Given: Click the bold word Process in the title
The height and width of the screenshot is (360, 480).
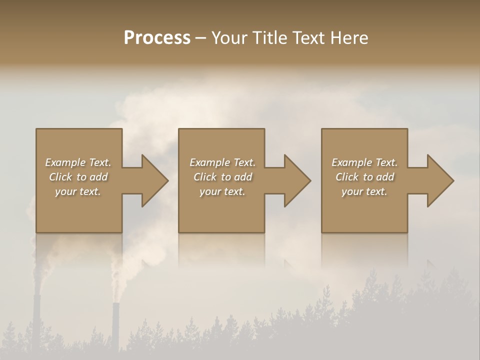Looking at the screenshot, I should coord(157,38).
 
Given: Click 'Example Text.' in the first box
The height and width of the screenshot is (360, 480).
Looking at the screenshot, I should coord(78,162).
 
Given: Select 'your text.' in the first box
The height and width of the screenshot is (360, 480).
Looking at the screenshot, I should coord(78,191).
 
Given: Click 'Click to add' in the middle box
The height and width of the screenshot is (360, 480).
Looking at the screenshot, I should coord(222,177).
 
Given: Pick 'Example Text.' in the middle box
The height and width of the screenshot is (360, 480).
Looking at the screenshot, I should coord(222,162).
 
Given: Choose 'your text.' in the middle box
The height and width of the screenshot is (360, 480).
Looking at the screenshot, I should coord(222,191).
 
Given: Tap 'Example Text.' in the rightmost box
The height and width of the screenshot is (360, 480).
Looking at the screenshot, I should coord(364,162).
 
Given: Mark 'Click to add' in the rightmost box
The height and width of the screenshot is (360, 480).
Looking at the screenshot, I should coord(364,177).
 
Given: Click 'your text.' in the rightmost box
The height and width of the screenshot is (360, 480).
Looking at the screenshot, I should coord(364,191).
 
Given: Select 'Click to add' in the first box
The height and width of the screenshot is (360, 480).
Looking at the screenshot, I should coord(78,177).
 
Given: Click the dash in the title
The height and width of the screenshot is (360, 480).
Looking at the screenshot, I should coord(200,38).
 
